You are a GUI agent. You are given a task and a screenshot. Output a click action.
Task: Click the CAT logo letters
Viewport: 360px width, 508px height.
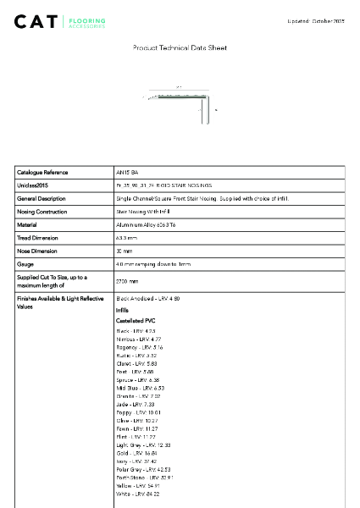[36, 21]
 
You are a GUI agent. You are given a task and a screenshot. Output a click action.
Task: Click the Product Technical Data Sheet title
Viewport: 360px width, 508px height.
[180, 48]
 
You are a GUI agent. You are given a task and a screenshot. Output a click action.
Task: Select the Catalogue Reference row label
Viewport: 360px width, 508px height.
[42, 172]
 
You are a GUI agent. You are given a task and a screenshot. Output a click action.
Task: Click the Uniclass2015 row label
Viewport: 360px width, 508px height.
[33, 185]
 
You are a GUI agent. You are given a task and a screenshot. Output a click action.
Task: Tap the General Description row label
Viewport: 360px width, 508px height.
[41, 198]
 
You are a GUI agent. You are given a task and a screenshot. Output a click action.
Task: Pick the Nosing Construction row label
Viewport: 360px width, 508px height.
[42, 211]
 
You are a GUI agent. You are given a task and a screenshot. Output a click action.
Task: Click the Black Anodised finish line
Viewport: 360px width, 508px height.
[148, 299]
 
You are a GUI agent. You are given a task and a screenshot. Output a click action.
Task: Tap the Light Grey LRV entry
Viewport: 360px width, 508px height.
[143, 444]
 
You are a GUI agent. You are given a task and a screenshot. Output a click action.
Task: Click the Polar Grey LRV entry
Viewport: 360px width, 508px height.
[143, 469]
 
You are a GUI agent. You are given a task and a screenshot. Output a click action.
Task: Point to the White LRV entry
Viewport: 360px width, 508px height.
[137, 494]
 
